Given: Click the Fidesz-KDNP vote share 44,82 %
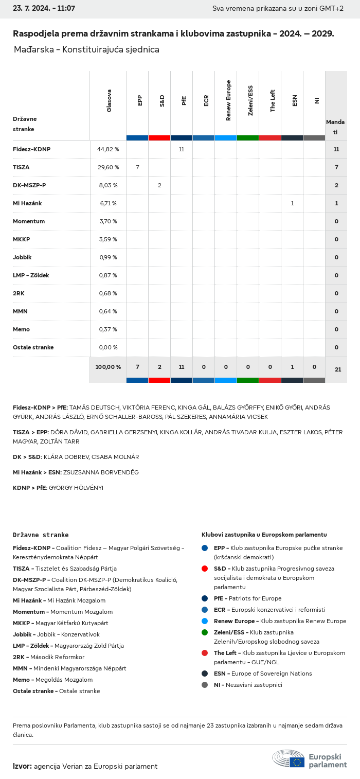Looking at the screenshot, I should coord(108,149).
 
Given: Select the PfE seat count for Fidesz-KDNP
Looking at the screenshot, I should coord(182,149).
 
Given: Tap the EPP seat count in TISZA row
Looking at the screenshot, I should coord(137,167).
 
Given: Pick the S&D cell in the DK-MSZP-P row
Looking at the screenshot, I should coord(159,185).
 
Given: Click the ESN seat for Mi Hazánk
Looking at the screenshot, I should coord(292,203).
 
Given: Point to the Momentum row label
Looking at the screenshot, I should coord(29,221).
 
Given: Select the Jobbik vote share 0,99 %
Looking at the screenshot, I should coord(108,257).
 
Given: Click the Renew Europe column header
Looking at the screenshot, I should coord(228,101).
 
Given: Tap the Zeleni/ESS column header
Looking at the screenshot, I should coord(250,101).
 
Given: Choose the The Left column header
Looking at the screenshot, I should coord(273,101).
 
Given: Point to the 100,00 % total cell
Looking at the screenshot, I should coord(108,367).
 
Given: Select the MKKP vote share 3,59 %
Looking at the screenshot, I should coord(108,239).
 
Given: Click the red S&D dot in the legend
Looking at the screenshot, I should coord(205,569).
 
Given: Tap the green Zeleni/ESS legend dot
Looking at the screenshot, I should coord(205,632).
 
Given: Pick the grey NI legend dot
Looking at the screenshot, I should coord(205,685).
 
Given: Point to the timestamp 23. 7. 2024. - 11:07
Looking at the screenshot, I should coord(44,9).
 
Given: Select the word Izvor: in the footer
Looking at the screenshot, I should coord(22,766).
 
